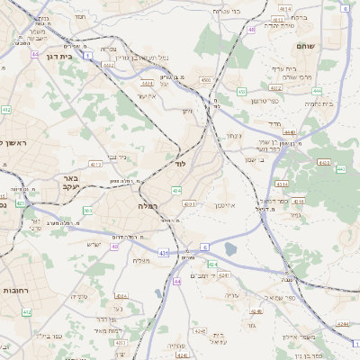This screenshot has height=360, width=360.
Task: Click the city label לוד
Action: pyautogui.click(x=180, y=166)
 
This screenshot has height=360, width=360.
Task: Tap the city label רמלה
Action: pyautogui.click(x=148, y=206)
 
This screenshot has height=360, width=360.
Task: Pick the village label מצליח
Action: pyautogui.click(x=141, y=261)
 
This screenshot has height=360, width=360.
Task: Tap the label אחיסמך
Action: pyautogui.click(x=225, y=205)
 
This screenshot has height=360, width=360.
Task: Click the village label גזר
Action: pyautogui.click(x=251, y=325)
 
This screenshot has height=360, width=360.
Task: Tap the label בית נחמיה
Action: pyautogui.click(x=319, y=103)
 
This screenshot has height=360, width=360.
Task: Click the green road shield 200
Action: pyautogui.click(x=86, y=210)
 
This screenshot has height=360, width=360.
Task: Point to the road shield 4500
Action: pyautogui.click(x=206, y=80)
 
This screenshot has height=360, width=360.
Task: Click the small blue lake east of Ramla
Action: pyautogui.click(x=231, y=249)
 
